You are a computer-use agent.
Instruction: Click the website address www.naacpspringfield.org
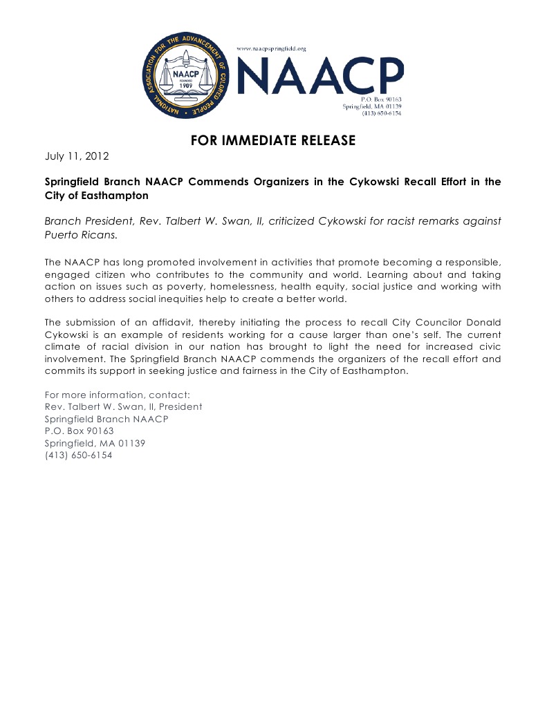point(272,48)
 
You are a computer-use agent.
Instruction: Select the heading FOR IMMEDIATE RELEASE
point(273,141)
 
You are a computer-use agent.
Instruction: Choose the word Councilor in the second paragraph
point(432,323)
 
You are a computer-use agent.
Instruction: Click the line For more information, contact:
point(117,395)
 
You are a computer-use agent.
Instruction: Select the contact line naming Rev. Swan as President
point(123,406)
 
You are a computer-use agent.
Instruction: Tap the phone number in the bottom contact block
point(78,455)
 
